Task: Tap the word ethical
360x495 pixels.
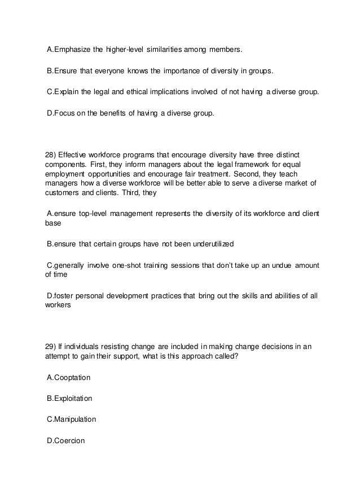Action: [x=144, y=92]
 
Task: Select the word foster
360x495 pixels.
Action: [x=63, y=296]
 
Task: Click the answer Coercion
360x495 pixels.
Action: [x=69, y=441]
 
